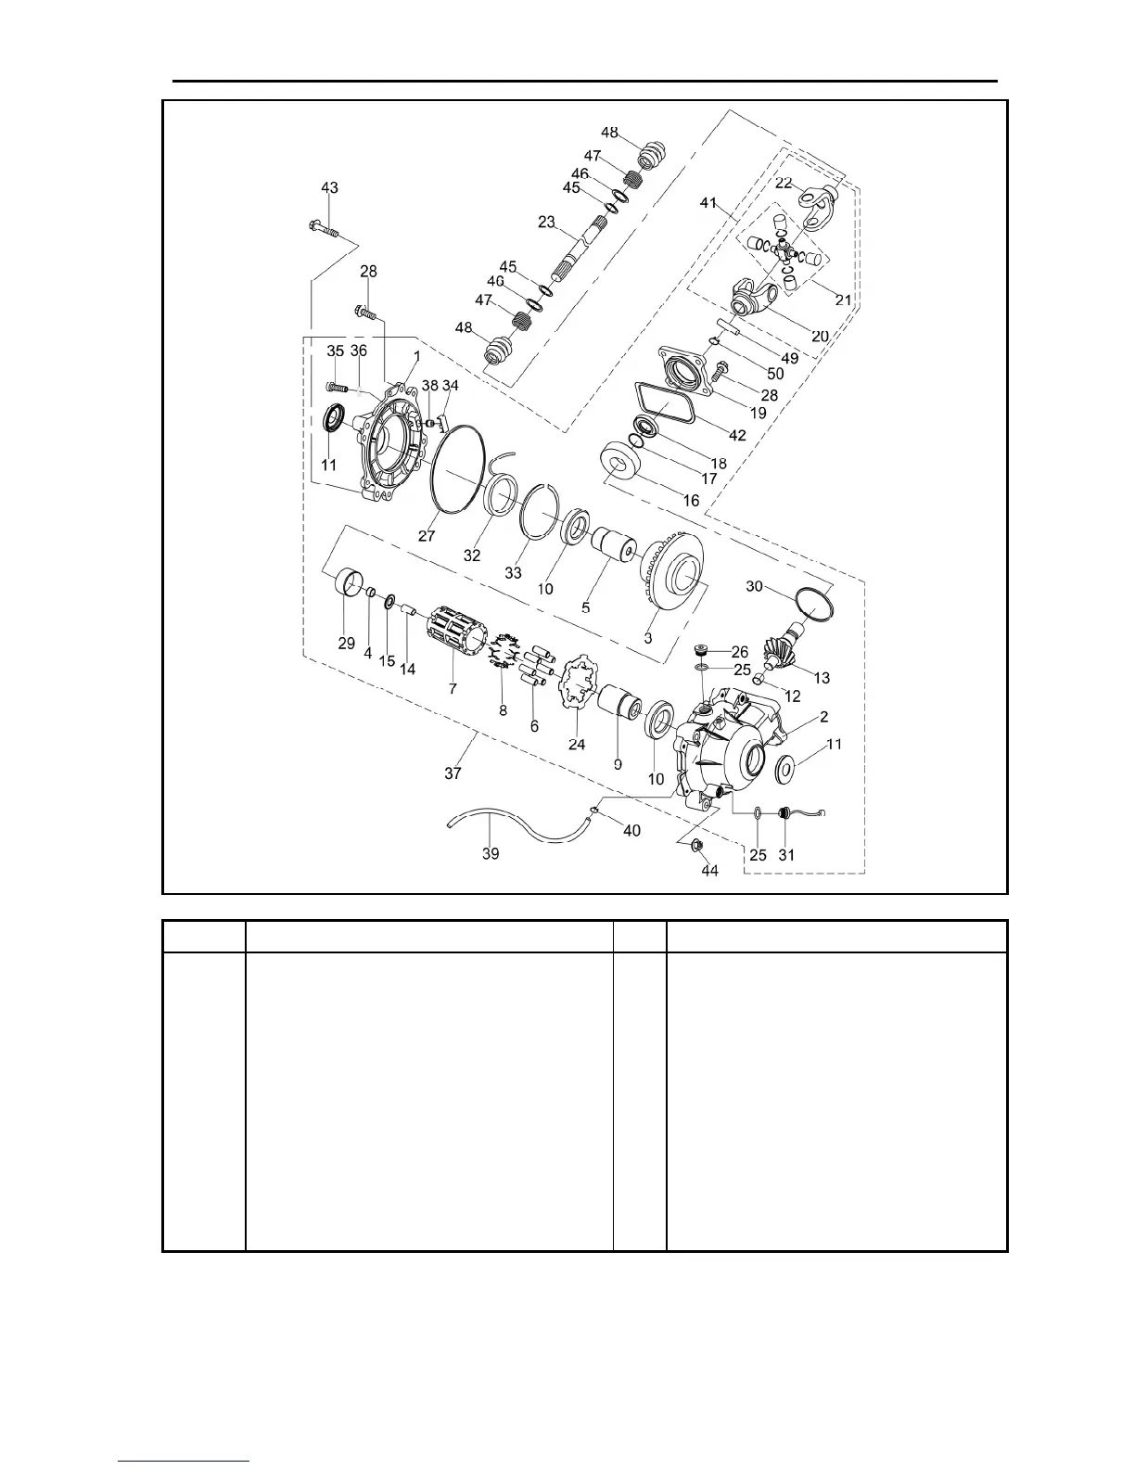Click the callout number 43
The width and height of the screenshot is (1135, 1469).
pyautogui.click(x=329, y=187)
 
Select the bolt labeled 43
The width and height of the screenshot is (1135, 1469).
pyautogui.click(x=322, y=225)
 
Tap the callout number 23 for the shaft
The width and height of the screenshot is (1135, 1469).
pyautogui.click(x=546, y=222)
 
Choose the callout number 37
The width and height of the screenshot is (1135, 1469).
pyautogui.click(x=453, y=773)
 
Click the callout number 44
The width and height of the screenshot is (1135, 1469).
pyautogui.click(x=708, y=871)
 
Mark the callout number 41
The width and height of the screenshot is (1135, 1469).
pyautogui.click(x=708, y=203)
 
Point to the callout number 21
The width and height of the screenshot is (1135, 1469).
pyautogui.click(x=843, y=300)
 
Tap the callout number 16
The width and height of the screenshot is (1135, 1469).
pyautogui.click(x=691, y=500)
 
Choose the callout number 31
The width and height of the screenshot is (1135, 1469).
pyautogui.click(x=785, y=854)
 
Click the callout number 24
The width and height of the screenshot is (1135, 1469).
pyautogui.click(x=577, y=743)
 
